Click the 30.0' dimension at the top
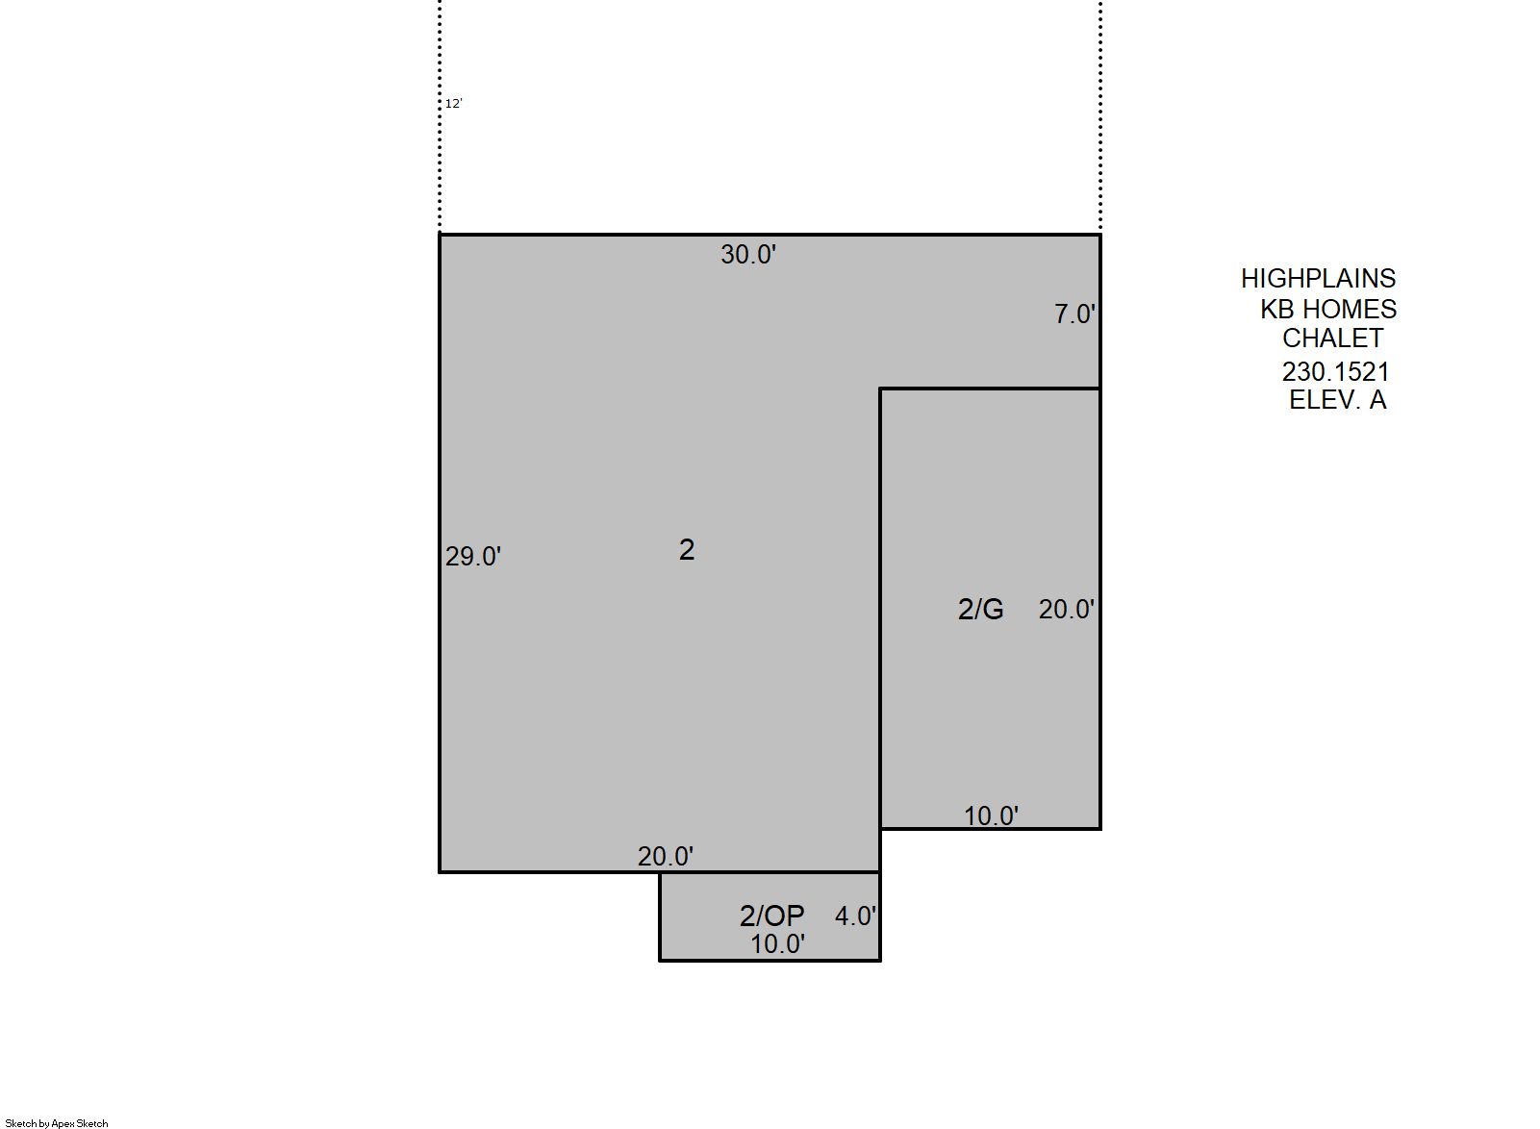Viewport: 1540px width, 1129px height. [748, 255]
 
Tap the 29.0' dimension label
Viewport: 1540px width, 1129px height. [473, 557]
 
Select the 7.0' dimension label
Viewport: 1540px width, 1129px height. [1074, 314]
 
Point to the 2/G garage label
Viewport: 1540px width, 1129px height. [981, 610]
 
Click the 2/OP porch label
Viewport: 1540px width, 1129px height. [772, 916]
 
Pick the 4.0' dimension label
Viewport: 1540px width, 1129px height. [855, 916]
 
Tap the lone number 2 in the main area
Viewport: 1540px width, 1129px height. [687, 550]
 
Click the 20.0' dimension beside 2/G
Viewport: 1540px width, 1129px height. [1067, 610]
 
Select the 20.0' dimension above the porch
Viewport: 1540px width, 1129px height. [666, 856]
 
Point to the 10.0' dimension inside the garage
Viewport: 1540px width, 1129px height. [991, 816]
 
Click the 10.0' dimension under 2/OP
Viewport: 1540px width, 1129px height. [777, 945]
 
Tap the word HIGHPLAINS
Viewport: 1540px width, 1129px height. [1318, 278]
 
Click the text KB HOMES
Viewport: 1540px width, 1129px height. [1328, 310]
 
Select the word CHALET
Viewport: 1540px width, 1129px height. [1332, 339]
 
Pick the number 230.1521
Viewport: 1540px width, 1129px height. [1335, 372]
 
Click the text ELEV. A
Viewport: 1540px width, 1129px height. [1337, 400]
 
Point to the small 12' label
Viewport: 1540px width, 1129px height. [454, 104]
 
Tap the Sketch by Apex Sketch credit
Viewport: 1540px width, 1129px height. [57, 1123]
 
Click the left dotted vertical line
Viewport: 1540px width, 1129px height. [440, 115]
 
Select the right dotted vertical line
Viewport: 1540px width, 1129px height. [1100, 115]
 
